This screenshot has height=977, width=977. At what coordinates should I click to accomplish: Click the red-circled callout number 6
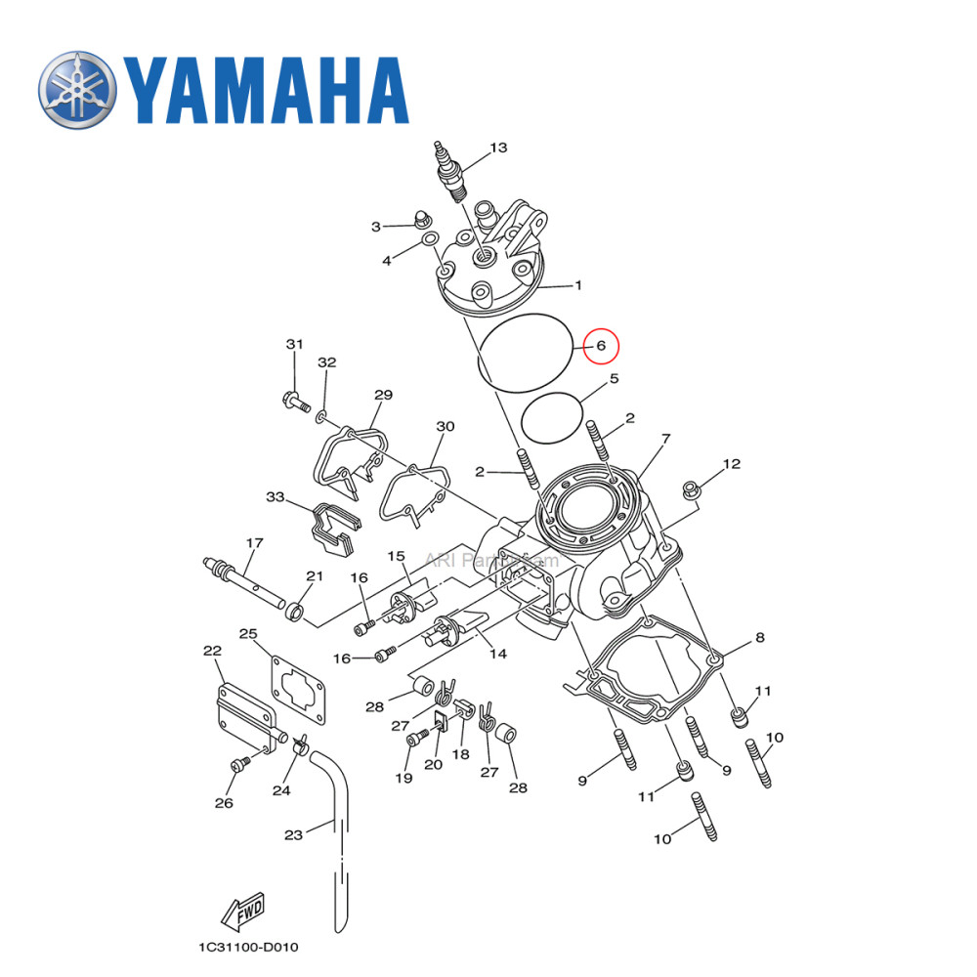[x=602, y=346]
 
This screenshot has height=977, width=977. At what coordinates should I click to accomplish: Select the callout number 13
[x=498, y=149]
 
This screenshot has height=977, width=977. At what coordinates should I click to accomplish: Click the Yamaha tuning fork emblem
[x=77, y=89]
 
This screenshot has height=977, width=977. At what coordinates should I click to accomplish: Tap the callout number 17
[x=254, y=542]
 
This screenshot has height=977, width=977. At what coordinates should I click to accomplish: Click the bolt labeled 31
[x=292, y=400]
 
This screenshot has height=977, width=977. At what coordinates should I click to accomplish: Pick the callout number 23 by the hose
[x=294, y=834]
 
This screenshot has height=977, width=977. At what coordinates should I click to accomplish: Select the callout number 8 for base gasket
[x=759, y=640]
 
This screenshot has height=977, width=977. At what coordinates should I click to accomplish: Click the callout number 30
[x=446, y=427]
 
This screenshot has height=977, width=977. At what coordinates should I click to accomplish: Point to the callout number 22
[x=212, y=651]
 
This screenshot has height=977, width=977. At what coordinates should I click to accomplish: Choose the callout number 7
[x=665, y=439]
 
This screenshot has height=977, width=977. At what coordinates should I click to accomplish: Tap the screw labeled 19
[x=414, y=740]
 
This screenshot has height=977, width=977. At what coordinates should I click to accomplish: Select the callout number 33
[x=276, y=497]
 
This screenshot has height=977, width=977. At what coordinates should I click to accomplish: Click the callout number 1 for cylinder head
[x=577, y=285]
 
